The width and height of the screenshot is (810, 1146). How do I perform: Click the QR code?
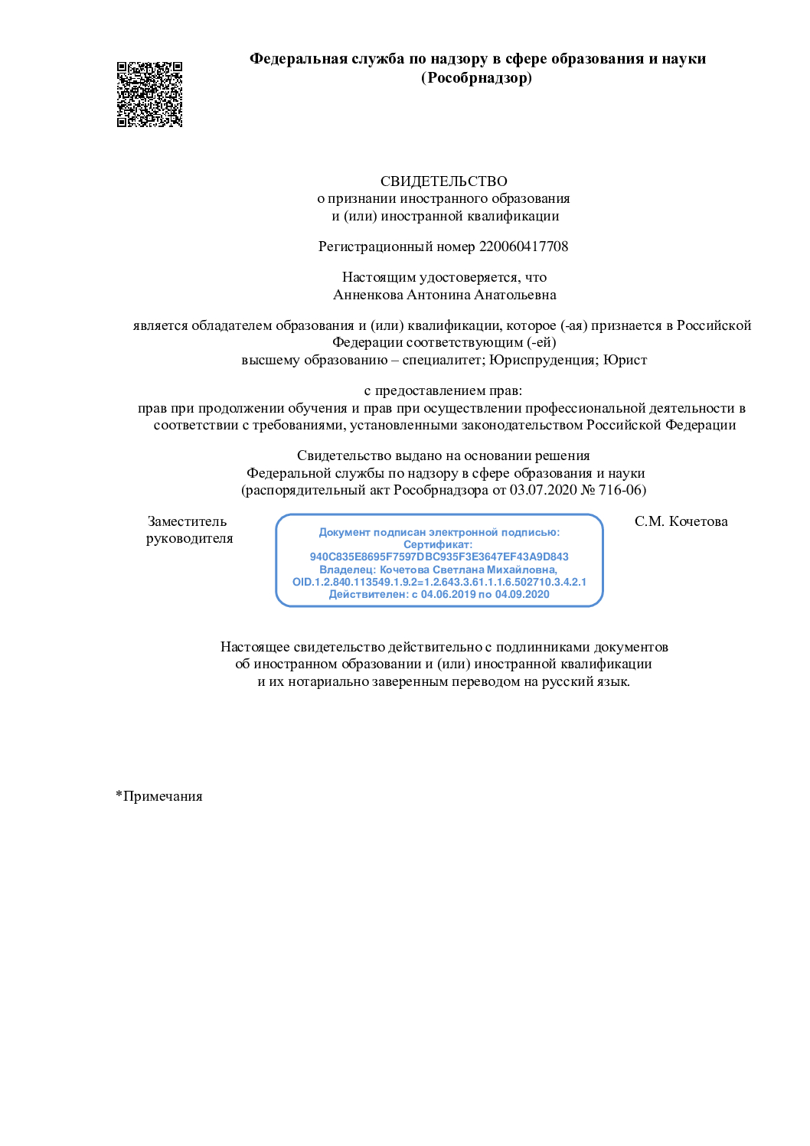(x=149, y=94)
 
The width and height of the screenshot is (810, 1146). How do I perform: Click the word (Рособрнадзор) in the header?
(x=476, y=78)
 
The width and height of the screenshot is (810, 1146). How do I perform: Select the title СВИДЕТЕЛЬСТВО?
(x=443, y=181)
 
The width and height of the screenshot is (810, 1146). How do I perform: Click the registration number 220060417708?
(x=524, y=247)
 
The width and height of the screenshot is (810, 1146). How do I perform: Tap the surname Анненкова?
(x=367, y=295)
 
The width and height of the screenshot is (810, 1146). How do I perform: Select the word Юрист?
(x=625, y=360)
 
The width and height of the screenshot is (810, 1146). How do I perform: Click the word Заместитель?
(x=187, y=521)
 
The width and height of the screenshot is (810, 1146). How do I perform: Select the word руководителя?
(x=189, y=538)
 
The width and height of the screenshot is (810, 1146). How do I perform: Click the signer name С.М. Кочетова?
(x=681, y=521)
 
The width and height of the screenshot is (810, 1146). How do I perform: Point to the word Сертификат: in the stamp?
(x=438, y=544)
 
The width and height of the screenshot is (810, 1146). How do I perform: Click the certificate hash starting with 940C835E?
(x=439, y=557)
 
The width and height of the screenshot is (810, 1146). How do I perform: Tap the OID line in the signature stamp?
(x=439, y=582)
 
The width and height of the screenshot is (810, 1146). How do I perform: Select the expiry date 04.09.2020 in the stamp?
(x=522, y=594)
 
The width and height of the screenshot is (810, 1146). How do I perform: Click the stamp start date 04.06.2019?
(x=448, y=594)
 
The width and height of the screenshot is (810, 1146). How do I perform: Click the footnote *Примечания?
(x=159, y=796)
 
